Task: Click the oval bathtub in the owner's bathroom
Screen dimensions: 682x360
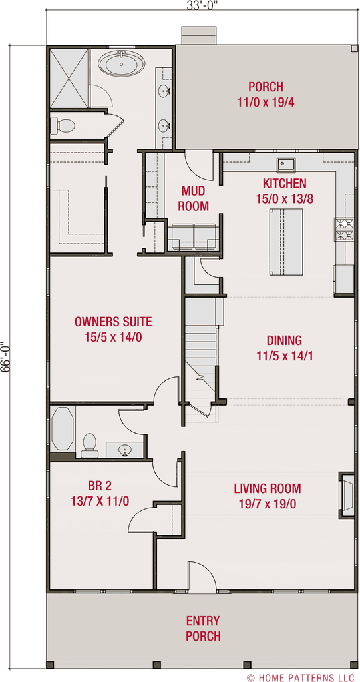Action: coord(124,65)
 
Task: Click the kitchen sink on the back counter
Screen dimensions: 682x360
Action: coord(288,164)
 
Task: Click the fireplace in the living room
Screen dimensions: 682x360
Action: coord(347,494)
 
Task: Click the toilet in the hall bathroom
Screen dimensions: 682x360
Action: coord(89,444)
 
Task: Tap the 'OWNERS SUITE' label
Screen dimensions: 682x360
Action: coord(113,322)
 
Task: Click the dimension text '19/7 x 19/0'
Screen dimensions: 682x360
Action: coord(267,504)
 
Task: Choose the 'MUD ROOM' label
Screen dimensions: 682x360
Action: coord(194,198)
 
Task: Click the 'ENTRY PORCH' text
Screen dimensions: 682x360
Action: coord(203,628)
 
